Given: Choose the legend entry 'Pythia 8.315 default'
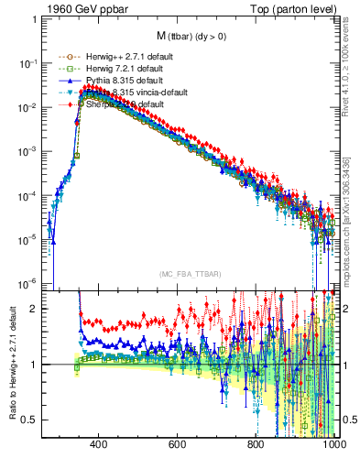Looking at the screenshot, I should pyautogui.click(x=115, y=81).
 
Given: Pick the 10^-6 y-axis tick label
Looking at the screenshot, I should pyautogui.click(x=31, y=282).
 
